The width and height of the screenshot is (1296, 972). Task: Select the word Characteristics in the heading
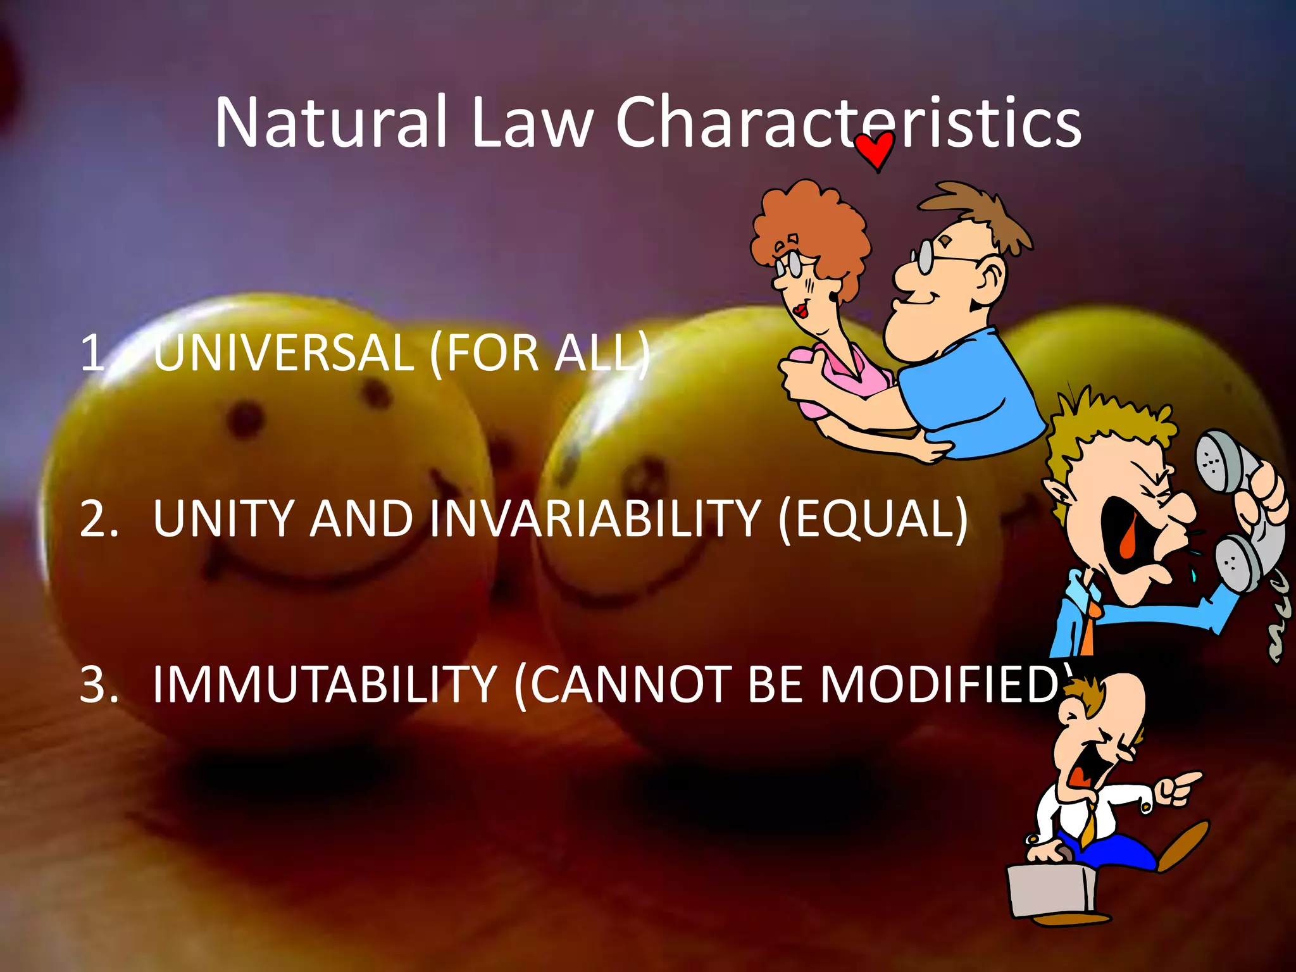point(848,121)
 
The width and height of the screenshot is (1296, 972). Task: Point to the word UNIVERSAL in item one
point(283,352)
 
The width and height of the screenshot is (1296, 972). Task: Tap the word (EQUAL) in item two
point(873,519)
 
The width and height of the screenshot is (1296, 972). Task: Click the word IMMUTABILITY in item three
point(325,685)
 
